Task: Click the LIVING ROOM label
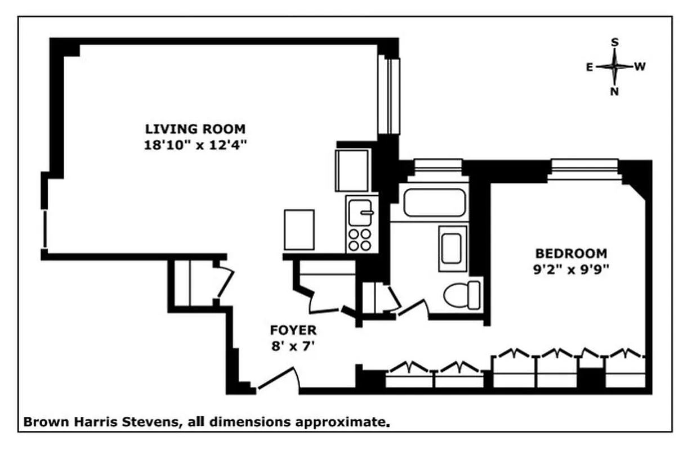pyautogui.click(x=195, y=129)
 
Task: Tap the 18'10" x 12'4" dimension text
pyautogui.click(x=195, y=145)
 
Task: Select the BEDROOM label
pyautogui.click(x=571, y=253)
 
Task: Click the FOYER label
pyautogui.click(x=293, y=330)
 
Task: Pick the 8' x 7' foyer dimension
pyautogui.click(x=293, y=346)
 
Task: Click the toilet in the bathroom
pyautogui.click(x=462, y=294)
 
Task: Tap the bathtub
pyautogui.click(x=434, y=202)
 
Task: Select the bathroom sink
pyautogui.click(x=453, y=248)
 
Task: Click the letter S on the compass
pyautogui.click(x=615, y=42)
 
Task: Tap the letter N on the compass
pyautogui.click(x=615, y=92)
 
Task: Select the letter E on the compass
pyautogui.click(x=589, y=67)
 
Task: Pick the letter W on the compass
pyautogui.click(x=640, y=67)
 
